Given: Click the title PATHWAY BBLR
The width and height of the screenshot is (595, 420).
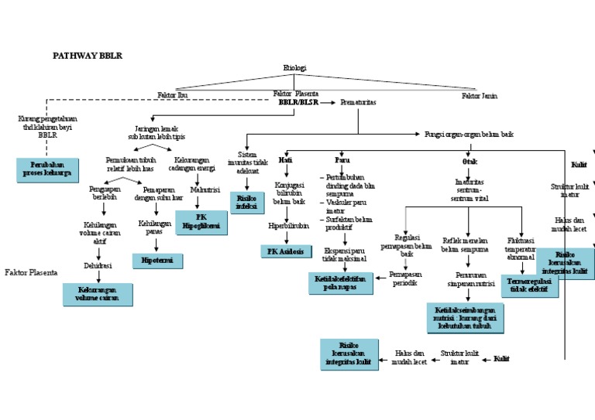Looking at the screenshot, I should [x=87, y=56].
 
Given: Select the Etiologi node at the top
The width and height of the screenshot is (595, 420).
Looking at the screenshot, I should [x=294, y=68].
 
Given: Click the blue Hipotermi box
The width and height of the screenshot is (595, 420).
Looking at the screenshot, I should [x=158, y=261].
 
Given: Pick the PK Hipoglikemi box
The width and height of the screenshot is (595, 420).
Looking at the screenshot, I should [x=201, y=222].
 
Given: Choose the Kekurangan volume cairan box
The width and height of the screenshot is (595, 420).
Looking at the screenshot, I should [x=97, y=294].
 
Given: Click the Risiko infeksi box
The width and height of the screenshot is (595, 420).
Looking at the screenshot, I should [x=248, y=203].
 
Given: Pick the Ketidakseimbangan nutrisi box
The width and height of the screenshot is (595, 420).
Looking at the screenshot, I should [x=466, y=317].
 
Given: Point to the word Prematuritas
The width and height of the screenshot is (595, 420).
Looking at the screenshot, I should [x=359, y=101].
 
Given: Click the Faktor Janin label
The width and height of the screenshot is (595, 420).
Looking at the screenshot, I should [x=479, y=96].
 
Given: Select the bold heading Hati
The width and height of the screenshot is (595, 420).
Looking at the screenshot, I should [x=286, y=159].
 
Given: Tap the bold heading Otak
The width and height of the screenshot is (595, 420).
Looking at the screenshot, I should [x=469, y=161].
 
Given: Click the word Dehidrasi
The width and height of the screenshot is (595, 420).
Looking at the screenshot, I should [x=97, y=265].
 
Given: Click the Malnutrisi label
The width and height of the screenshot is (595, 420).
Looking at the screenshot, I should [x=205, y=189].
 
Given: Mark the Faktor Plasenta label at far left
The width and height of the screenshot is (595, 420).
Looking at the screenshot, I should [x=30, y=272].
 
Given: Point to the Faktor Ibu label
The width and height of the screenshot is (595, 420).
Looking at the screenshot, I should [x=172, y=96].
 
